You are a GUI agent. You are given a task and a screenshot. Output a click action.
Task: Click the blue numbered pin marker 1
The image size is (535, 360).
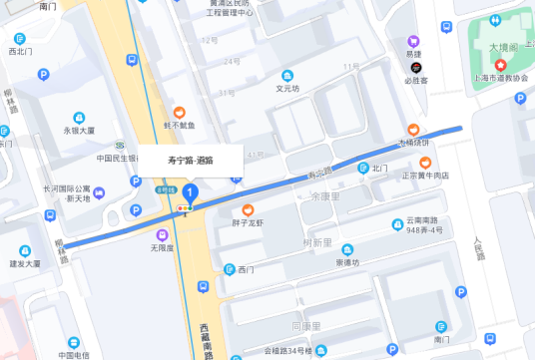(191, 192)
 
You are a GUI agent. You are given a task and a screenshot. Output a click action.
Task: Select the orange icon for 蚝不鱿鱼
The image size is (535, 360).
(180, 113)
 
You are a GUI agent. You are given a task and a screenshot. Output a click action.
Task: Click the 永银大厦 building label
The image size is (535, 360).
(80, 130)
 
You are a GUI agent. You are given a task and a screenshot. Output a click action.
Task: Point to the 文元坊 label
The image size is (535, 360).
(287, 88)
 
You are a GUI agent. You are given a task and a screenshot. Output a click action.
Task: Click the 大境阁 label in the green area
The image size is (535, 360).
(503, 47)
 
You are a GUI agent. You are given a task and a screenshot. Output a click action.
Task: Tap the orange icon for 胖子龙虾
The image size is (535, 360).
(249, 209)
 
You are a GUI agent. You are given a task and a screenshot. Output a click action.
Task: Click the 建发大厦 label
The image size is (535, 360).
(25, 264)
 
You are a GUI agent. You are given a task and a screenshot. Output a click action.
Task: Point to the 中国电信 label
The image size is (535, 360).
(73, 354)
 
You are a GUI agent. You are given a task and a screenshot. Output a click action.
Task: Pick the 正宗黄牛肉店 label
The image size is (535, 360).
(425, 176)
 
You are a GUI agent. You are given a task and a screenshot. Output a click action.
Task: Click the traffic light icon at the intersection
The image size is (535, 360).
(182, 207)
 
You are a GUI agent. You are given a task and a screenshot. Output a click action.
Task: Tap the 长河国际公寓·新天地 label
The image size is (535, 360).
(66, 193)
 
